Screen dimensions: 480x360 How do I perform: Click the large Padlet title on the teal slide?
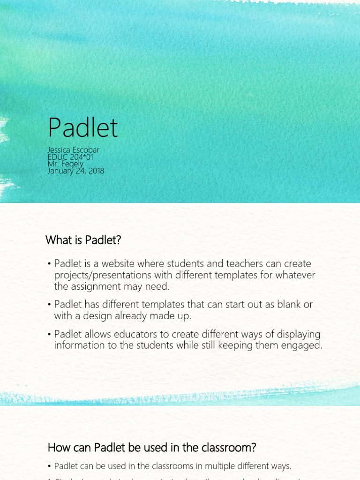pos(82,127)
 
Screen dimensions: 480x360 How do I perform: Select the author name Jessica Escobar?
pos(74,150)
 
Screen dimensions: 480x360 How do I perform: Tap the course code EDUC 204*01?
pos(70,157)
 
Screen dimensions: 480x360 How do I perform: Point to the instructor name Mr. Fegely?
pos(66,164)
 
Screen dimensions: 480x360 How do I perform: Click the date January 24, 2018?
pos(76,171)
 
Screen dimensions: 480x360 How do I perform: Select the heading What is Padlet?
pos(83,240)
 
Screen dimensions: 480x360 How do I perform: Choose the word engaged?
pos(303,346)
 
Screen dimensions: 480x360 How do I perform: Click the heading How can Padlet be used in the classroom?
pos(152,448)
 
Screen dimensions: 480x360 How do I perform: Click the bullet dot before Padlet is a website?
pos(49,264)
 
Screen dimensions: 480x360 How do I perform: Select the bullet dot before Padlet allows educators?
pos(49,335)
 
